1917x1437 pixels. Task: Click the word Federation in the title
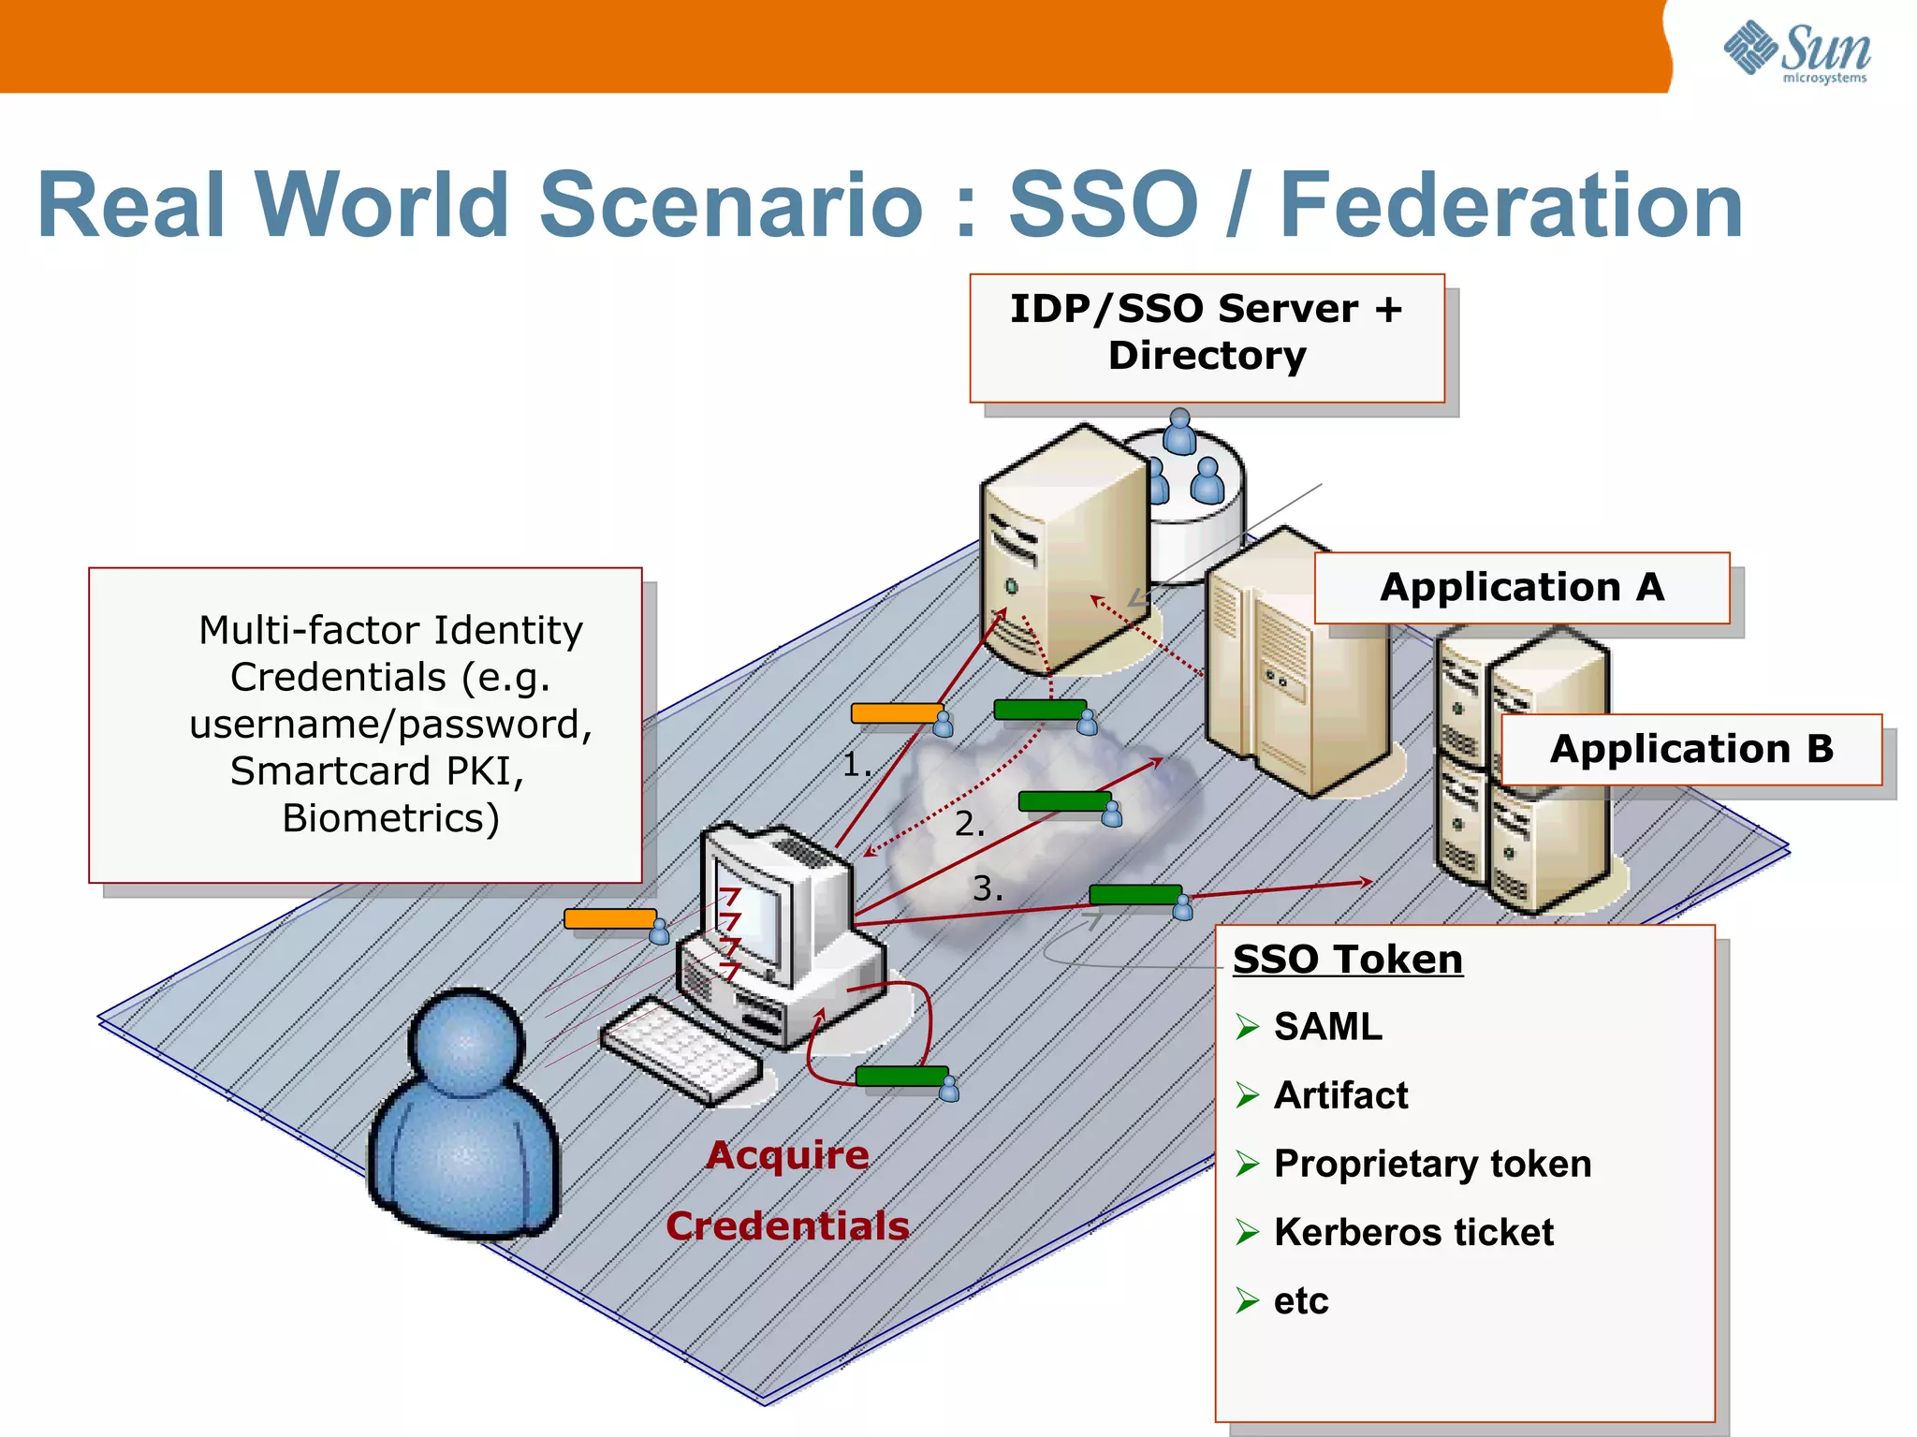(1510, 206)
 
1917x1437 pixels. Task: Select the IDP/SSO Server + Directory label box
(1207, 337)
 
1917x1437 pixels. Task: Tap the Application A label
(1521, 588)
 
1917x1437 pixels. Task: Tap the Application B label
(1690, 749)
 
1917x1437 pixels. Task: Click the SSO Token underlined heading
(1347, 960)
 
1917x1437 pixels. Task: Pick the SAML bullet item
(1327, 1027)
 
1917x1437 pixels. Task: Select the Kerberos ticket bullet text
(1412, 1232)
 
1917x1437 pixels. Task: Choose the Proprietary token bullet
(1431, 1164)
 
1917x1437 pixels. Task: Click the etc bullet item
(1300, 1300)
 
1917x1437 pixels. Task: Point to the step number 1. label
(856, 765)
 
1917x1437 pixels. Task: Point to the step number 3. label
(987, 888)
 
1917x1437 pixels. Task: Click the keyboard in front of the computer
(680, 1048)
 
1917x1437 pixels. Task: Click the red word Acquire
(787, 1155)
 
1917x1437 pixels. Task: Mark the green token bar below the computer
(900, 1077)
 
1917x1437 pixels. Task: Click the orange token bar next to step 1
(895, 713)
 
